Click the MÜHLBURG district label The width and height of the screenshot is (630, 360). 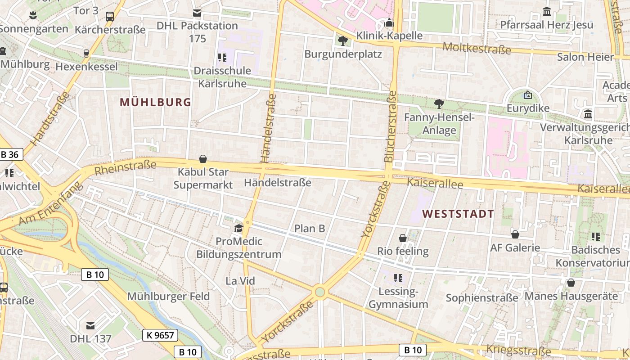point(156,102)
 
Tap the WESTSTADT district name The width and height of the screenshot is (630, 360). point(458,214)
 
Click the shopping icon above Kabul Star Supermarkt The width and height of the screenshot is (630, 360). point(203,159)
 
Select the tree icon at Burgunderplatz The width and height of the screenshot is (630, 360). point(342,41)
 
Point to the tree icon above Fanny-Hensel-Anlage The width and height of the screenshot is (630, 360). point(439,104)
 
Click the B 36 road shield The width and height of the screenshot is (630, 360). point(10,155)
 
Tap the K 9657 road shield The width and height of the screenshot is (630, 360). point(161,335)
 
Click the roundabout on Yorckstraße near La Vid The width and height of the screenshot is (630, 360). point(320,292)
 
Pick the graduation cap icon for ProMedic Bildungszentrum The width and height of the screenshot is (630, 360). point(238,228)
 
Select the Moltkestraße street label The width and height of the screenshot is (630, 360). point(477,48)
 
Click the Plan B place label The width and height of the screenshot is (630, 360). point(310,229)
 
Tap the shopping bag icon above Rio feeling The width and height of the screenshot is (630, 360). point(403,238)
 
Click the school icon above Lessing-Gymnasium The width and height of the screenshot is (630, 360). point(398,278)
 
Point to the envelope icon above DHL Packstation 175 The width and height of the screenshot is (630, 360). point(197,13)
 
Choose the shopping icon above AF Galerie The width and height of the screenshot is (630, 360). point(515,234)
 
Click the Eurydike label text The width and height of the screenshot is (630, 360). point(528,108)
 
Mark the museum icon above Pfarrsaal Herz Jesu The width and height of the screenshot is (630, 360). point(547,11)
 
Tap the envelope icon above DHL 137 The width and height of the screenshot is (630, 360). point(90,325)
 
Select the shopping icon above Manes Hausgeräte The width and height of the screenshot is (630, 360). point(571,283)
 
